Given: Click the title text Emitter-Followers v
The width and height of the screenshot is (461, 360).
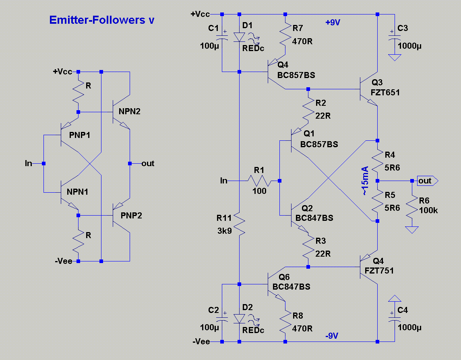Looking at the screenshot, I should (101, 20).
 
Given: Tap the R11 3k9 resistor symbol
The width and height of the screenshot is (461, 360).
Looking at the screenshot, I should (239, 225).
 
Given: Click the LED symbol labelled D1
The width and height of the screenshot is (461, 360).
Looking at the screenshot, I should (240, 37).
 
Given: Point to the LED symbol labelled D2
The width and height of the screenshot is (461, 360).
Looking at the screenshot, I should (240, 319).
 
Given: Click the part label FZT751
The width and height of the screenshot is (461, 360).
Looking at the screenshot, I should (379, 271).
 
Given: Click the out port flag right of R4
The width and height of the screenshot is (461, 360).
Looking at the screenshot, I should (426, 181).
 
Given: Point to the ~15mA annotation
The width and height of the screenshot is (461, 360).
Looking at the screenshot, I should (365, 181).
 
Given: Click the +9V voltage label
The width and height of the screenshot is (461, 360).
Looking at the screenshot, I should (333, 23).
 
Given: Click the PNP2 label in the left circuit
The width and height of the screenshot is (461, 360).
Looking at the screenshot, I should (131, 216).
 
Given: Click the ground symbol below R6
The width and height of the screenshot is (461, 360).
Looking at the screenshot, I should (411, 230).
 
